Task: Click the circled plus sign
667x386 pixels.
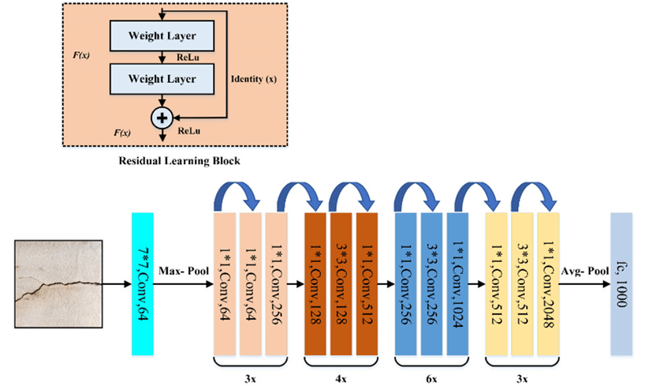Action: [162, 117]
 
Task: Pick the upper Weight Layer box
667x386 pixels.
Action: [162, 36]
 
